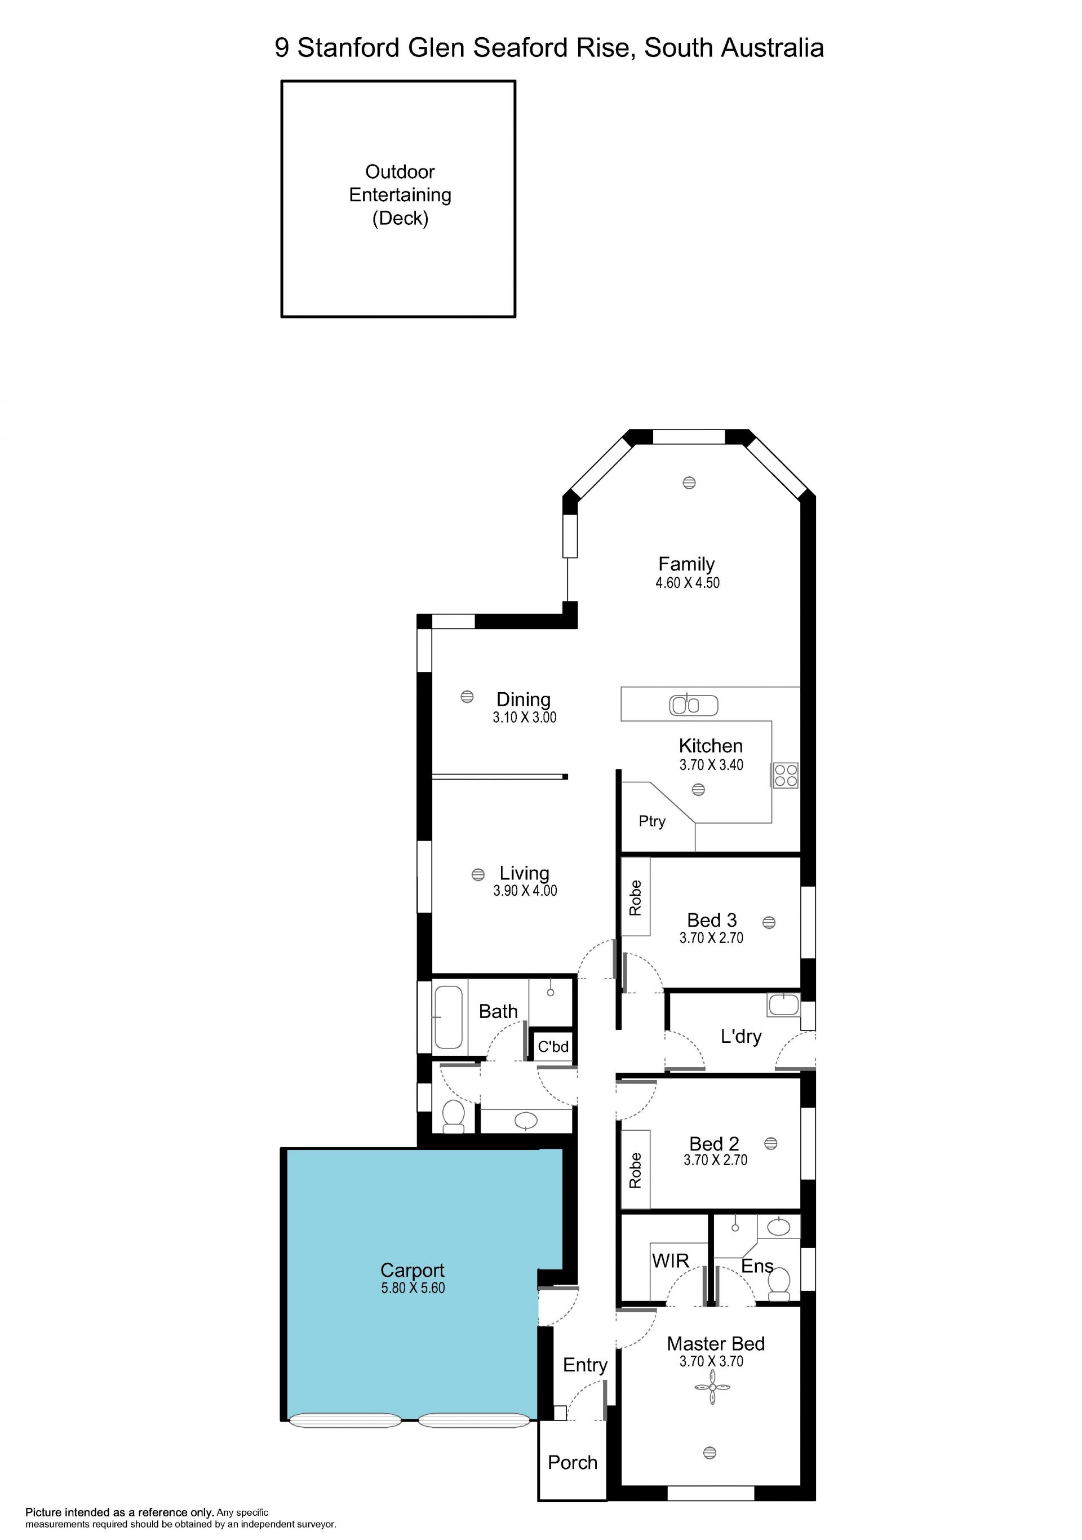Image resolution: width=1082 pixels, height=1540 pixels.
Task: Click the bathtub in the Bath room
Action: point(449,1017)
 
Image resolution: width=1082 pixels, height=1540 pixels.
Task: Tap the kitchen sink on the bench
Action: point(693,705)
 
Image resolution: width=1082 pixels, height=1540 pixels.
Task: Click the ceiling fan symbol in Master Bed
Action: point(711,1387)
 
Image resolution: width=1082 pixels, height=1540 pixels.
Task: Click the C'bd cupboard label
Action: point(553,1046)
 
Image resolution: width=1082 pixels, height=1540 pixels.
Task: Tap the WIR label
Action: point(671,1260)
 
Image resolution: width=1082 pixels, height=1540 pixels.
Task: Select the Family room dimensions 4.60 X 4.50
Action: point(687,583)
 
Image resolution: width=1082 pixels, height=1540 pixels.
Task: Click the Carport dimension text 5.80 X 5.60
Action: point(413,1288)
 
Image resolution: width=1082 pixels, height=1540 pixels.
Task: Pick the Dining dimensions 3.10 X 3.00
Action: point(524,717)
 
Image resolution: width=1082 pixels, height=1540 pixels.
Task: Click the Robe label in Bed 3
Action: point(635,897)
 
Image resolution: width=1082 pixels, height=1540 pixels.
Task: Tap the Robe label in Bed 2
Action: point(635,1170)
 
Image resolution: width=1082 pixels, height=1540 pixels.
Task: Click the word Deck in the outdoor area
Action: point(400,218)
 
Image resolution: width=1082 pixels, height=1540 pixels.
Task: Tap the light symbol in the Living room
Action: point(478,875)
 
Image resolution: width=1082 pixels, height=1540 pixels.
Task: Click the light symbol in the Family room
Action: point(689,483)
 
